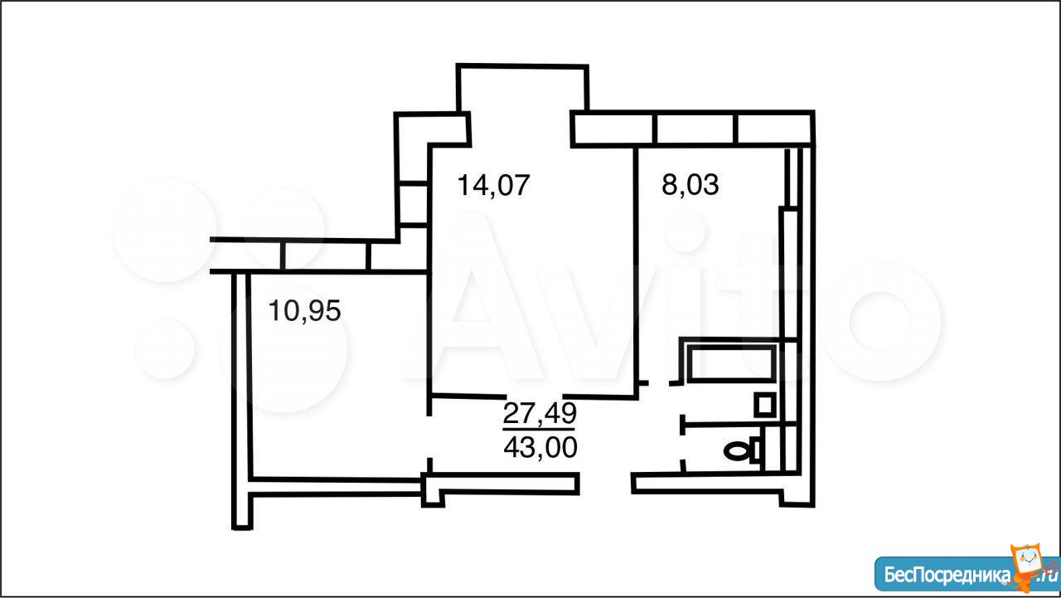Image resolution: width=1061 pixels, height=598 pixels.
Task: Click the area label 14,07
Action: [x=493, y=185]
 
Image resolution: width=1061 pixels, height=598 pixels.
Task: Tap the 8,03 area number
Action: [x=690, y=185]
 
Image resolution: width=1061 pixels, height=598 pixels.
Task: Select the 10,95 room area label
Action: [x=304, y=311]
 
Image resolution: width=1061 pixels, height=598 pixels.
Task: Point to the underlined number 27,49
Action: [x=540, y=413]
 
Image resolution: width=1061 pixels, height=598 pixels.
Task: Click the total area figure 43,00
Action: [x=540, y=447]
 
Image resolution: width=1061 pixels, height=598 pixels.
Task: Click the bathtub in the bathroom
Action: [x=731, y=363]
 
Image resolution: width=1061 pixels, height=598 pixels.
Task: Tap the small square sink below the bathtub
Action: [x=764, y=405]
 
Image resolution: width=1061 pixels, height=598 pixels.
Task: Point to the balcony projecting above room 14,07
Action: [x=523, y=88]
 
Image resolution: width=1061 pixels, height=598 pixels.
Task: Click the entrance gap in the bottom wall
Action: [x=605, y=484]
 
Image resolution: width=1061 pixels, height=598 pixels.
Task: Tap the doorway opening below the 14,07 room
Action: [x=535, y=396]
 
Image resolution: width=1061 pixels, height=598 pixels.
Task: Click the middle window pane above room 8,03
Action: [x=695, y=129]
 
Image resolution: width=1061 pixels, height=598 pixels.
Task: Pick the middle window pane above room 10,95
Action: [x=326, y=256]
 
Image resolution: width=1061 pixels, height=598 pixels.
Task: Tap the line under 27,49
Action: [x=539, y=429]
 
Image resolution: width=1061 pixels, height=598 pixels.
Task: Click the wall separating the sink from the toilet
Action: [x=739, y=424]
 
